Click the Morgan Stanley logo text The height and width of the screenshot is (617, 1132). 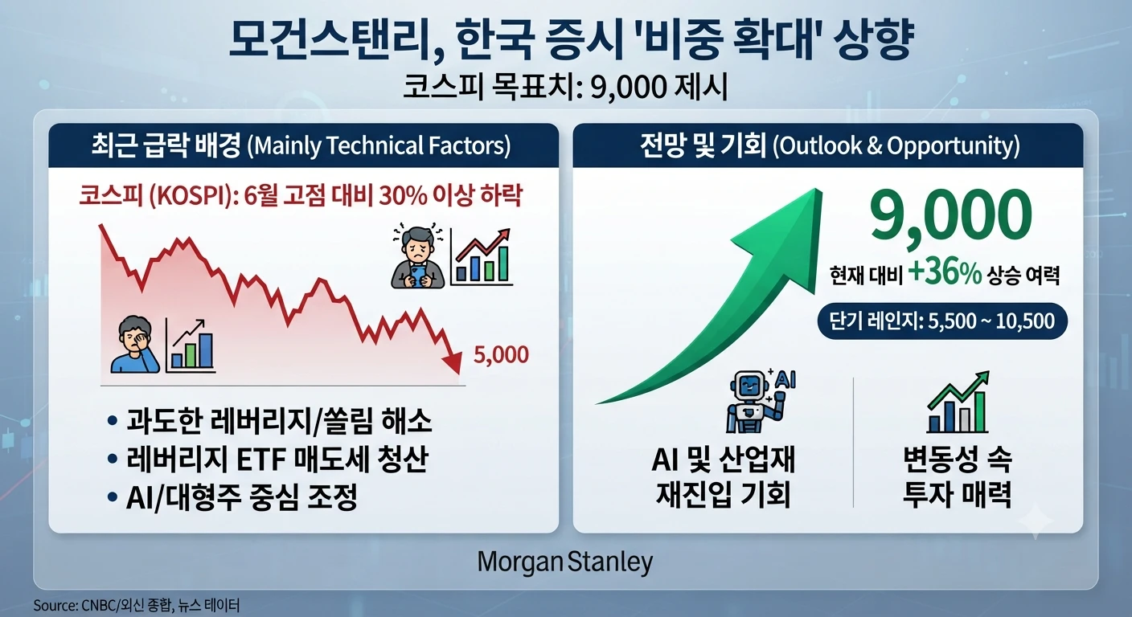point(565,562)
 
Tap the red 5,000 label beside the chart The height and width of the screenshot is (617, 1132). point(501,355)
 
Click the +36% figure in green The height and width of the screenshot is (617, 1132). point(945,274)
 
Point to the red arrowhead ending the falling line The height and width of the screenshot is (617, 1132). point(453,362)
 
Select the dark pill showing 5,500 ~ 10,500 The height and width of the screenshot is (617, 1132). point(942,321)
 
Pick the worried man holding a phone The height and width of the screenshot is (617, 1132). point(418,257)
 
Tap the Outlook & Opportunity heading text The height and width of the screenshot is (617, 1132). point(896,146)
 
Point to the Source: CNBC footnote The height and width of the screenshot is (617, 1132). point(137,605)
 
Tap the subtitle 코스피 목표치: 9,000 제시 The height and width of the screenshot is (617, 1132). point(565,88)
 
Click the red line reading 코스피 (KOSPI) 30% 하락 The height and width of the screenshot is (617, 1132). point(300,196)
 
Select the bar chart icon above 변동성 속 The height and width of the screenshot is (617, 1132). point(958,402)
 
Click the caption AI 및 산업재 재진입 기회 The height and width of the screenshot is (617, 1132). point(723,476)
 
